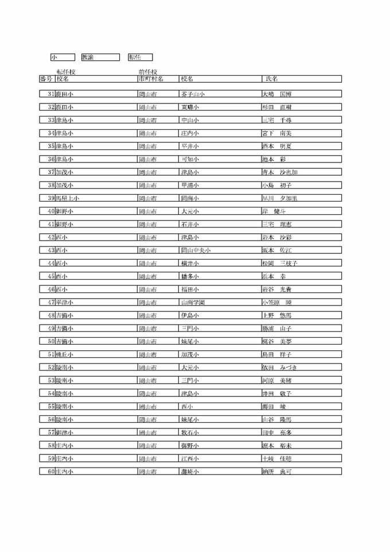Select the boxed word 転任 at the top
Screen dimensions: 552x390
[134, 57]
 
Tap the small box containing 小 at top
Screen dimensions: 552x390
[54, 57]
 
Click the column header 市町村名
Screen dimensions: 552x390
[151, 79]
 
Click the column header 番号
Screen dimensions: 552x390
[46, 79]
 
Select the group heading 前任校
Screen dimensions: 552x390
[147, 72]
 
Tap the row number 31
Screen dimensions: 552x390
[51, 94]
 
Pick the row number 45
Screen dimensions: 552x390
[51, 276]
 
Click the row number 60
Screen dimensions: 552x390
[51, 472]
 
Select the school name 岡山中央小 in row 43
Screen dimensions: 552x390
[196, 250]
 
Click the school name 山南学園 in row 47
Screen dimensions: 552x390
[193, 302]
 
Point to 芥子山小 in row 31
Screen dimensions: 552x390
[193, 94]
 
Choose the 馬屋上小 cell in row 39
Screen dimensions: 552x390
[68, 198]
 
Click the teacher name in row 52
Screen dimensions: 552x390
[279, 368]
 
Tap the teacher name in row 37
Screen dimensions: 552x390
[279, 172]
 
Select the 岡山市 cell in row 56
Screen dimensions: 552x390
[147, 419]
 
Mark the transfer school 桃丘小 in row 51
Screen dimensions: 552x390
[64, 354]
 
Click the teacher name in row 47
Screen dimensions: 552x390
[276, 302]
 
